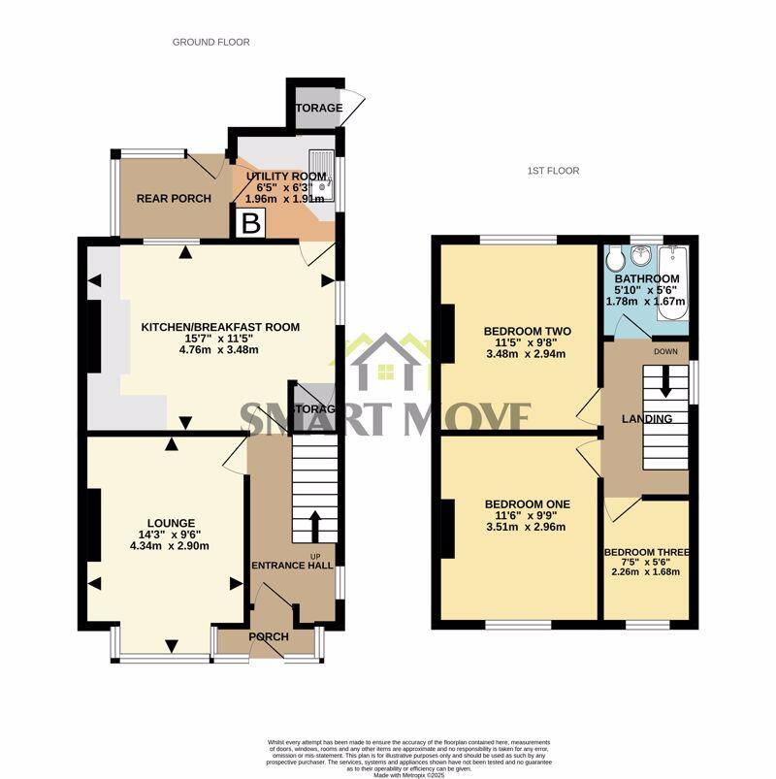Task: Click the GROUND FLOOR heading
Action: point(210,42)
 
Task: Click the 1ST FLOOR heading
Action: point(553,171)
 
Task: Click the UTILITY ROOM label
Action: point(286,176)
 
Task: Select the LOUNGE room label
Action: point(171,522)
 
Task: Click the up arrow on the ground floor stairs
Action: point(315,527)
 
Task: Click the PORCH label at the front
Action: point(269,637)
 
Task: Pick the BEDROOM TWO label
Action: point(528,331)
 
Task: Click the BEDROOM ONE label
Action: point(528,504)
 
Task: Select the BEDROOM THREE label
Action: point(646,554)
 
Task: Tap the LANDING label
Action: point(648,419)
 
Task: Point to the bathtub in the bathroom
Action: point(674,264)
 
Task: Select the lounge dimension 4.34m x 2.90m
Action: point(171,546)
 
